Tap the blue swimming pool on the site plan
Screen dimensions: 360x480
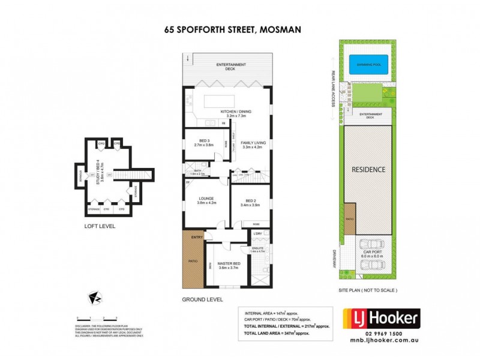click(x=367, y=64)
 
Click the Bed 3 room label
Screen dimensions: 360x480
click(x=203, y=142)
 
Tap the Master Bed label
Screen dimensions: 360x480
click(x=228, y=265)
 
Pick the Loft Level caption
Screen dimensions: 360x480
click(x=100, y=226)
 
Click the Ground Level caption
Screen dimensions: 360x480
click(x=203, y=299)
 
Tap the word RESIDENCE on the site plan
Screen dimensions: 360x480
click(x=368, y=170)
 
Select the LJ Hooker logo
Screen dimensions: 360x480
click(x=380, y=317)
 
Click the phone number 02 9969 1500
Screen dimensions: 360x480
click(x=380, y=333)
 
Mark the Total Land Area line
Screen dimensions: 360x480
click(x=279, y=332)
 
